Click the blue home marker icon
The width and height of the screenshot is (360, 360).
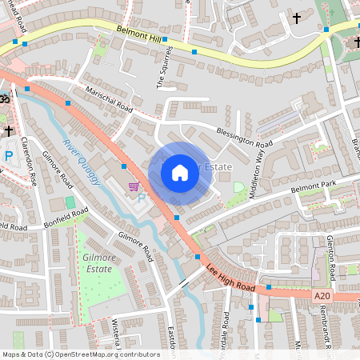point(180,173)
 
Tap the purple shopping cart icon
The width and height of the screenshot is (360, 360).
point(134,186)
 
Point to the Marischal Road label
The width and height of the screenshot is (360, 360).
point(109,98)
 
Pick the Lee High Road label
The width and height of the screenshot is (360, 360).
point(231,276)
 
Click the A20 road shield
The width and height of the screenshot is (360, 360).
point(322,295)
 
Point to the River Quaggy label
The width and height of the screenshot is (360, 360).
point(83,165)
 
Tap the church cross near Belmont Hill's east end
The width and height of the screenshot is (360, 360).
point(298,17)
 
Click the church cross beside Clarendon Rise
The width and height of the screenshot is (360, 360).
point(8,130)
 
